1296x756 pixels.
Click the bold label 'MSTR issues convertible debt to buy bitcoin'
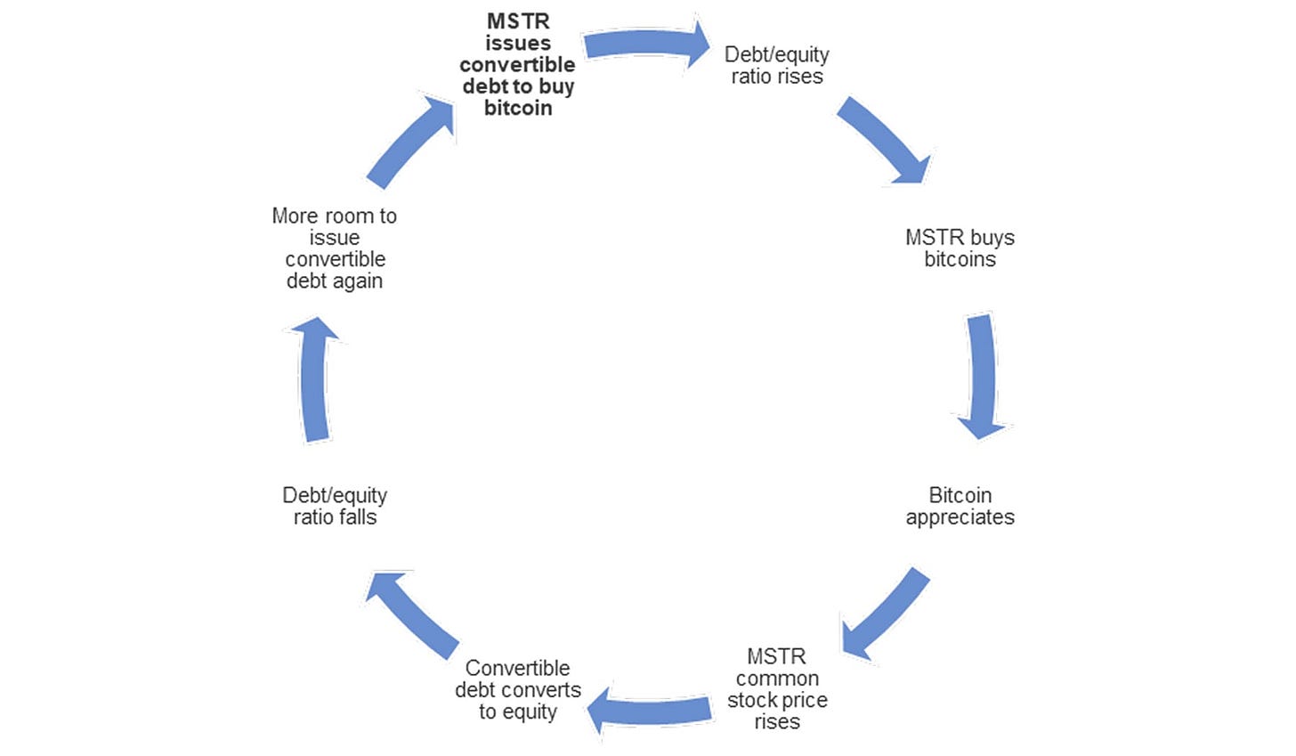[517, 65]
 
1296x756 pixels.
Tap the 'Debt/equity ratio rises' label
[777, 66]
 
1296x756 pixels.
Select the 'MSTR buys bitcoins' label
[960, 248]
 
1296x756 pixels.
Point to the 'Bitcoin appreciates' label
[960, 506]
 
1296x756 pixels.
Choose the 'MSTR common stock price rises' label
[777, 688]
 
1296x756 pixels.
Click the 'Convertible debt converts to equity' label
[517, 689]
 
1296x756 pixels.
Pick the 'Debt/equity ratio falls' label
[335, 506]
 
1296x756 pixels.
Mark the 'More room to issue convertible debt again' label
[335, 248]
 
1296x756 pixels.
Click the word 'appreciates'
[960, 517]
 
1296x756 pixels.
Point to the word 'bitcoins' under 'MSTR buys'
[960, 259]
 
